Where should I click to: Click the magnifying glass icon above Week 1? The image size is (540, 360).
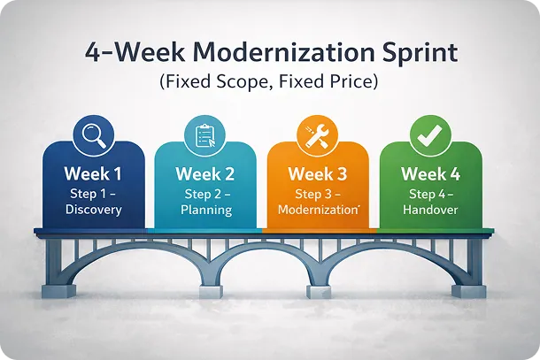point(93,134)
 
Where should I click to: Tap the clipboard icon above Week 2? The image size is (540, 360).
point(204,134)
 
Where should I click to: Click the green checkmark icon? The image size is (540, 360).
point(431,134)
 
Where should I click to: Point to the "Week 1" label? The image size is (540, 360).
point(93,173)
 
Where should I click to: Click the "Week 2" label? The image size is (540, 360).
point(204,173)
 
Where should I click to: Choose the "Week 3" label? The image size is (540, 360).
point(318,173)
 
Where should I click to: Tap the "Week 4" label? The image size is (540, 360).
point(431,173)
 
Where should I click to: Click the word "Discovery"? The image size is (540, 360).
point(93,210)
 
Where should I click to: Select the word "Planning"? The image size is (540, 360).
point(204,210)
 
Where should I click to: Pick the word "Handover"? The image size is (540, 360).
point(431,210)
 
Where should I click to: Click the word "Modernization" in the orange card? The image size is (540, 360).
point(316,210)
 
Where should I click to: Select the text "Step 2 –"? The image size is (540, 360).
point(204,193)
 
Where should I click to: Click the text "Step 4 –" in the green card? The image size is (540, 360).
point(431,193)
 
